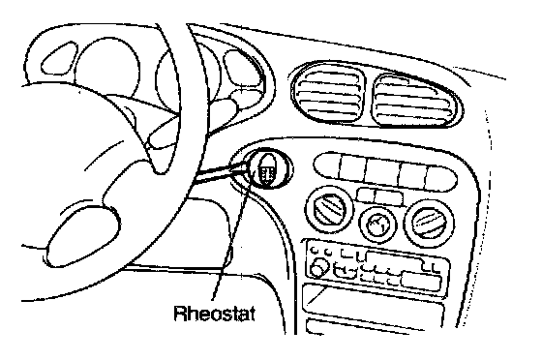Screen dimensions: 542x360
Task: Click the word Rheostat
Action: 214,315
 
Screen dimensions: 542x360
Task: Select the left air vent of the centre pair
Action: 328,93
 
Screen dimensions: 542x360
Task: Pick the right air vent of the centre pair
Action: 415,101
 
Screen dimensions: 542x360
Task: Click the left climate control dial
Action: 329,210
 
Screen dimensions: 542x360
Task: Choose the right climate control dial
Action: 429,222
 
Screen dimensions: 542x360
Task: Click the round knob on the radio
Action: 318,268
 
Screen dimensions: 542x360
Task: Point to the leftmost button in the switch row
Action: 328,165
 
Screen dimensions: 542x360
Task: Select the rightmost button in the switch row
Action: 440,178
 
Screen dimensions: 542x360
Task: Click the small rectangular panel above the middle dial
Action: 379,196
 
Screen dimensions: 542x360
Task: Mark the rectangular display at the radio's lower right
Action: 421,281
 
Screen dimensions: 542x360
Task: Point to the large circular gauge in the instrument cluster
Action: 107,68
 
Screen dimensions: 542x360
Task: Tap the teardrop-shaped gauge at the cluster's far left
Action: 59,58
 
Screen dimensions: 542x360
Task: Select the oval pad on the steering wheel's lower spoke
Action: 82,235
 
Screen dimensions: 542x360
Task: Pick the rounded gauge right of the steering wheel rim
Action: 242,68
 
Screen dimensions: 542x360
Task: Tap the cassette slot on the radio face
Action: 396,258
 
